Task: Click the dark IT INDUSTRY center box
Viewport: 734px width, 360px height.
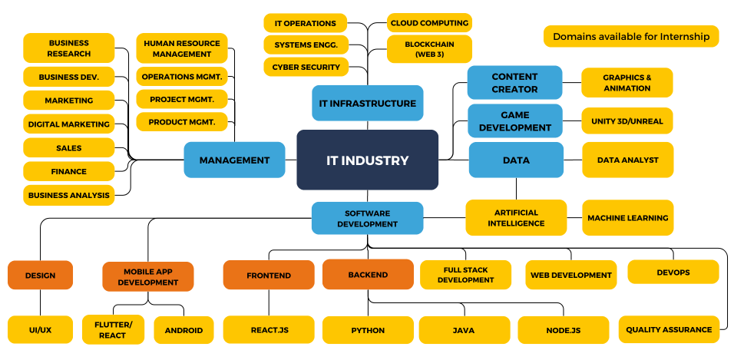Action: pyautogui.click(x=367, y=160)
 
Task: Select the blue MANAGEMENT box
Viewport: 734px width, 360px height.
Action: pyautogui.click(x=234, y=160)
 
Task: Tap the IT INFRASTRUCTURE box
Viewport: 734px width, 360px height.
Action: pyautogui.click(x=367, y=103)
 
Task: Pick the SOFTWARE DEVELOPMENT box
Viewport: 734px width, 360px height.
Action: pyautogui.click(x=367, y=218)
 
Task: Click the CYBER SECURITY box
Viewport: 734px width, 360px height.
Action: pyautogui.click(x=306, y=67)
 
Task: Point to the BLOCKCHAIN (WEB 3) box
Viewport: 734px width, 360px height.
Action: pyautogui.click(x=429, y=49)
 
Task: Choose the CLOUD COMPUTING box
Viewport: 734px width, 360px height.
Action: pyautogui.click(x=429, y=22)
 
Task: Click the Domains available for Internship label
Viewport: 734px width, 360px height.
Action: pyautogui.click(x=631, y=36)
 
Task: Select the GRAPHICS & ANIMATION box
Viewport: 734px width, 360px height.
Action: pyautogui.click(x=627, y=83)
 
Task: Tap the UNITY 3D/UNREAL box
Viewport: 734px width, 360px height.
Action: pyautogui.click(x=627, y=121)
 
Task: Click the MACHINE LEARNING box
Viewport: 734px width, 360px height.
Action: pyautogui.click(x=627, y=218)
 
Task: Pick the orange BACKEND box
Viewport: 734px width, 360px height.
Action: pyautogui.click(x=368, y=274)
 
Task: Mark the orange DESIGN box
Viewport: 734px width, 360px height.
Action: pyautogui.click(x=40, y=275)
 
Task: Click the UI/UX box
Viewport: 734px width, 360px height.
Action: pyautogui.click(x=40, y=329)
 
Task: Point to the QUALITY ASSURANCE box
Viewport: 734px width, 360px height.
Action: pyautogui.click(x=668, y=329)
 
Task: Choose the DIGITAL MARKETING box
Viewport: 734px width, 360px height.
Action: pyautogui.click(x=68, y=124)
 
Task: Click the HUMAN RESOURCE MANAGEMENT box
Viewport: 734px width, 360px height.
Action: pyautogui.click(x=182, y=48)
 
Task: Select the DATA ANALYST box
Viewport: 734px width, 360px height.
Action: pyautogui.click(x=627, y=160)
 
